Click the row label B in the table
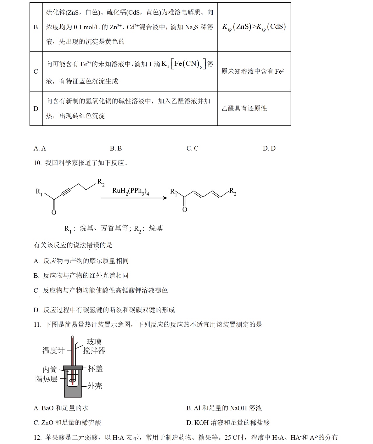pos(36,27)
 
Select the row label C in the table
pos(36,72)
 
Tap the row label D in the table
pos(36,109)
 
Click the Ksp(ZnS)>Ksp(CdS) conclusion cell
pos(254,27)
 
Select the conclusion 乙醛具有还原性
pos(244,108)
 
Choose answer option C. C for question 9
pos(192,148)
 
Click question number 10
pos(38,163)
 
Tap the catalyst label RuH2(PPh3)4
pos(131,191)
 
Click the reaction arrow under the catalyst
pos(134,198)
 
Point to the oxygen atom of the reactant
pos(54,213)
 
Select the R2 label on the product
pos(233,191)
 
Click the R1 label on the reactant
pos(39,192)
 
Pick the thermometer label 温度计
pos(53,350)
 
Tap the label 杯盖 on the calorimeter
pos(95,369)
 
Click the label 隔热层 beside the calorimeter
pos(46,379)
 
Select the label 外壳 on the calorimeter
pos(95,386)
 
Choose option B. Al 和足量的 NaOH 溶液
pos(224,408)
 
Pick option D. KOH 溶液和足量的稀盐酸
pos(228,423)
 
